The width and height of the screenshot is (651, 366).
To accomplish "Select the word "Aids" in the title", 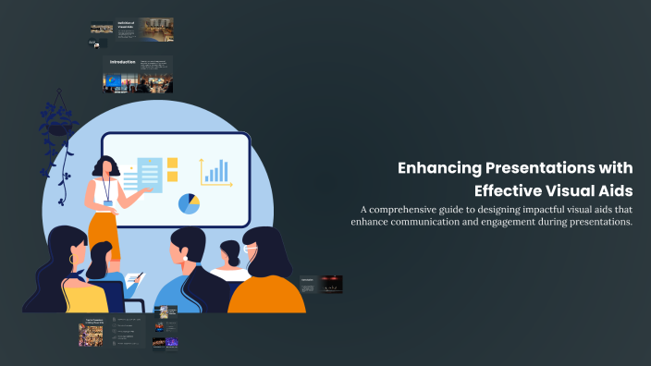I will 615,191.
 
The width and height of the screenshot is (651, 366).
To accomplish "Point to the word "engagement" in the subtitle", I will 514,223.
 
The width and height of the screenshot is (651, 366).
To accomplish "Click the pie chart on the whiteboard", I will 189,203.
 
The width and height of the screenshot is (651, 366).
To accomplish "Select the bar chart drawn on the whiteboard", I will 216,171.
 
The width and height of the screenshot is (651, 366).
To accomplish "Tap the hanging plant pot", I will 61,128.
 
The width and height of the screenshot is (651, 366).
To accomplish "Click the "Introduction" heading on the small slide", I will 123,63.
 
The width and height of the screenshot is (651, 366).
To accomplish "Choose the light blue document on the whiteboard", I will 149,173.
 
